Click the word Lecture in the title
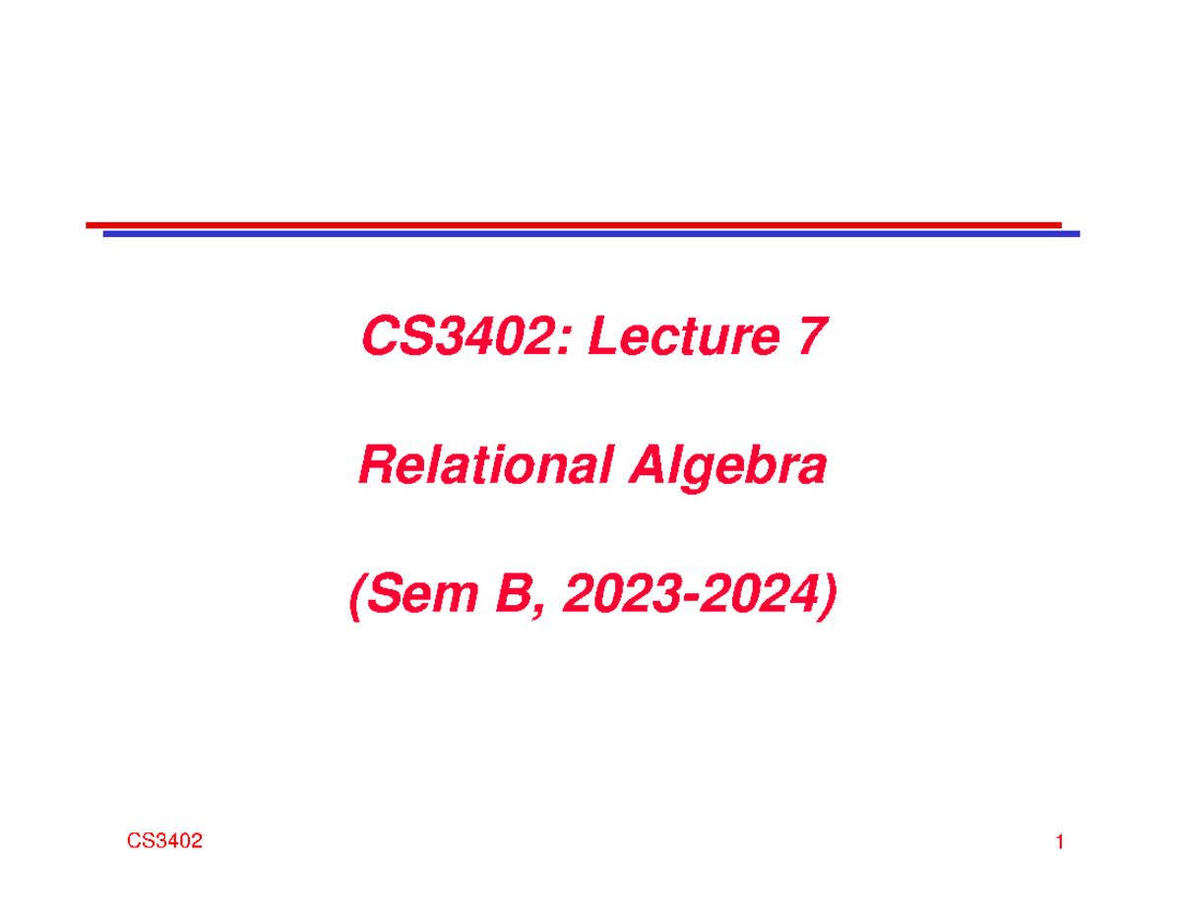point(684,336)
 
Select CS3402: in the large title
point(466,336)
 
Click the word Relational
point(486,464)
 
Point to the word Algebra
point(727,468)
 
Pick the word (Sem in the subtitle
point(414,596)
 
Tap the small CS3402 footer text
point(164,841)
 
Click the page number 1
point(1060,842)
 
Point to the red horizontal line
point(574,225)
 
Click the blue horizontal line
point(591,234)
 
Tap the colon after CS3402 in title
point(563,342)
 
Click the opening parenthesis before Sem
point(357,596)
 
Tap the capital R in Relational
point(377,464)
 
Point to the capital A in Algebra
point(649,464)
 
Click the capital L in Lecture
point(604,336)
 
